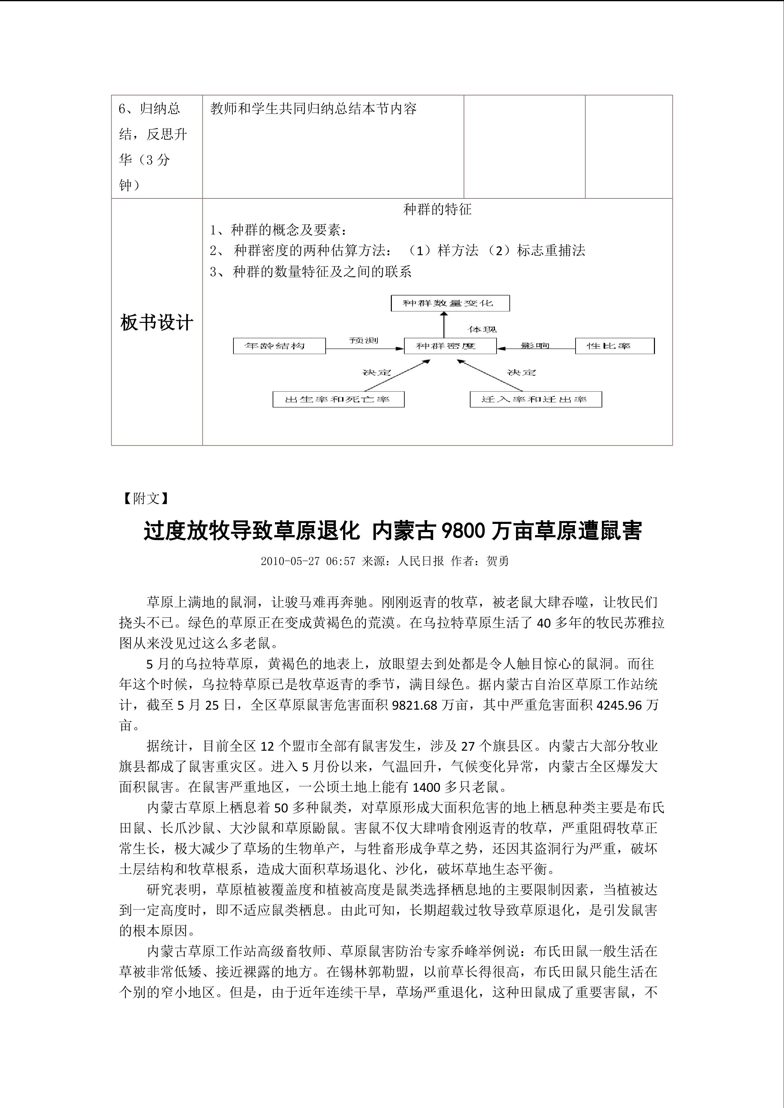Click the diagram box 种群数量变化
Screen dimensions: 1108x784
[449, 303]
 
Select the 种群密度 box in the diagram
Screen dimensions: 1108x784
[449, 346]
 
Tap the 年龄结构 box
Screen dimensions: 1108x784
[279, 346]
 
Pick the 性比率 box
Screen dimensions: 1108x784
[614, 346]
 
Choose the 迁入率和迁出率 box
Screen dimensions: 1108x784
[535, 399]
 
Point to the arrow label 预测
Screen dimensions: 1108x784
[364, 340]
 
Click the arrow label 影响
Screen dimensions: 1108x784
[535, 346]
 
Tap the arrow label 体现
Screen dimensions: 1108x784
[482, 330]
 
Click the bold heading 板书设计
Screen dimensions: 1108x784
[156, 322]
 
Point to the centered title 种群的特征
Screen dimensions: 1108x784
[437, 209]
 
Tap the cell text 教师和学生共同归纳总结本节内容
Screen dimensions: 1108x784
[313, 109]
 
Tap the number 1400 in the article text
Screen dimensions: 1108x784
[425, 787]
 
